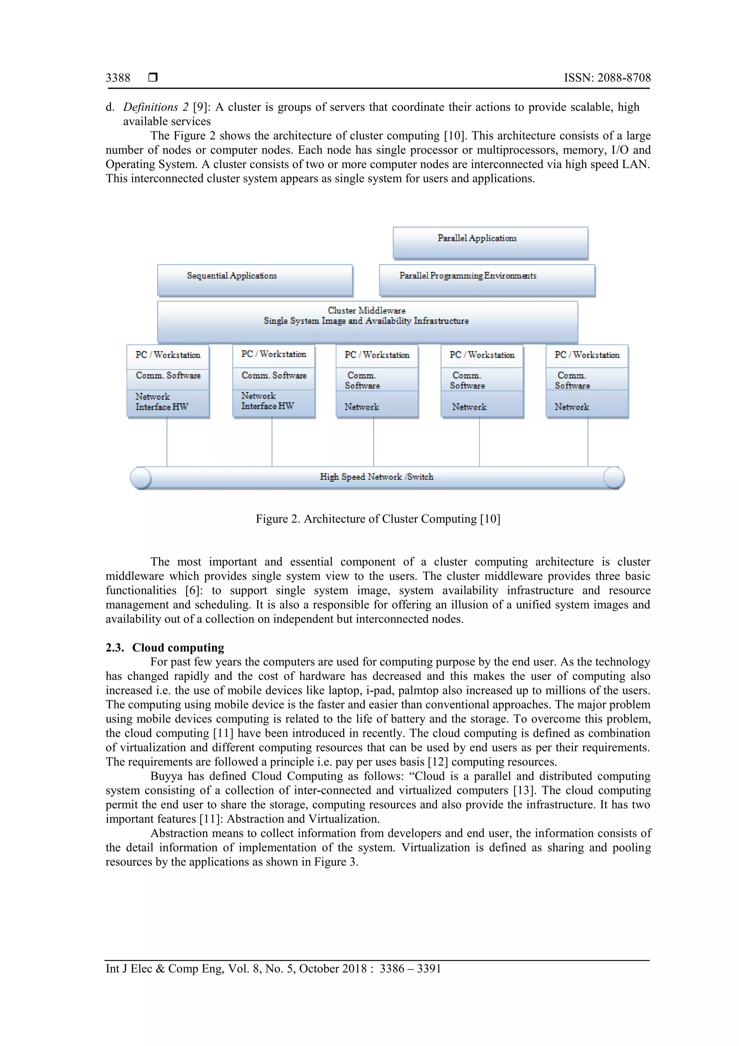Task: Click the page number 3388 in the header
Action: [118, 78]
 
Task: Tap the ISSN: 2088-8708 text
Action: [607, 78]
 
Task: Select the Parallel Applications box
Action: [490, 243]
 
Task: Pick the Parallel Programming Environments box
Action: [487, 280]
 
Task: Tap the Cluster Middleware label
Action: [367, 310]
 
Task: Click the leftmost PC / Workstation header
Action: [167, 355]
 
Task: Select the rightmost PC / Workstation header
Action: [587, 355]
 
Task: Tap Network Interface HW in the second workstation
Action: [267, 401]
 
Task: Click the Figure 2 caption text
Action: [377, 519]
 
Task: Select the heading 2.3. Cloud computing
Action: [165, 647]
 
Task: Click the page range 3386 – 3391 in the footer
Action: [410, 969]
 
